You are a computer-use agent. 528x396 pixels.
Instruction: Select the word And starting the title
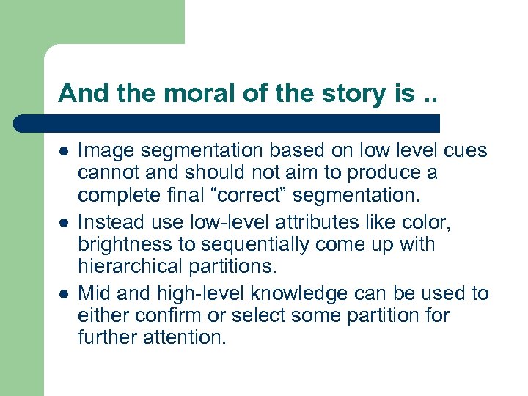click(78, 93)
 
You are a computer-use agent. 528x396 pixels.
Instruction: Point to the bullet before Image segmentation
click(64, 151)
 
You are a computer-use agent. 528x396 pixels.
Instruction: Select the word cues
click(465, 151)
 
